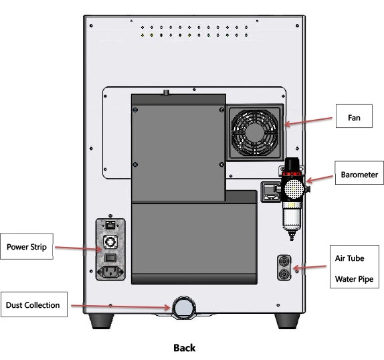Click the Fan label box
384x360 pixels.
pos(354,116)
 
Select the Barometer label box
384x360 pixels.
pos(359,173)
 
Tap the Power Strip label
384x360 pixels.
pos(27,246)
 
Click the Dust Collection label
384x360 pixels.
pos(34,304)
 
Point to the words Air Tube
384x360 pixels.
pos(349,258)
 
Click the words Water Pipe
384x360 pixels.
pos(354,279)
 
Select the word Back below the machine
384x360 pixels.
pos(185,348)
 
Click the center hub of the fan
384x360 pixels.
pos(255,132)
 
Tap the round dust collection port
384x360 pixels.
pos(184,307)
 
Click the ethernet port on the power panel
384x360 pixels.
pos(110,225)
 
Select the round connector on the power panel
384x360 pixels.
pos(110,242)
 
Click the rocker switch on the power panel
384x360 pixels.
pos(110,258)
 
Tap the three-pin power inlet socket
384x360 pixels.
pos(110,272)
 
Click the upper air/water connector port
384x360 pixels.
pos(284,262)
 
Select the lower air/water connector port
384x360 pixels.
pos(284,274)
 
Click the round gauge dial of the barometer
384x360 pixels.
pos(294,189)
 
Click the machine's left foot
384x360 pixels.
pos(101,321)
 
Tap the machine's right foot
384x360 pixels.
pos(287,321)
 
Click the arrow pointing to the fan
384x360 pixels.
pos(308,121)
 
